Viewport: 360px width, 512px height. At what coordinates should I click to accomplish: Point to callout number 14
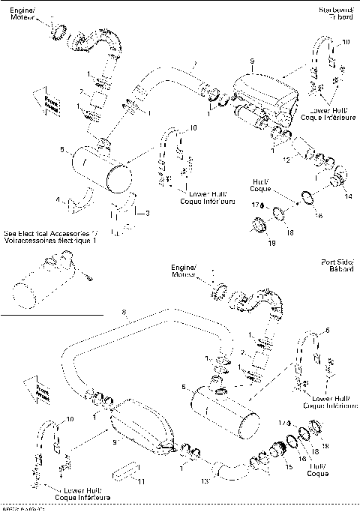pos(347,196)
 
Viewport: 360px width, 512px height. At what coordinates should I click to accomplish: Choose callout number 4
pos(57,199)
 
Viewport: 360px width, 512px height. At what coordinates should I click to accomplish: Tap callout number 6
pos(326,330)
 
